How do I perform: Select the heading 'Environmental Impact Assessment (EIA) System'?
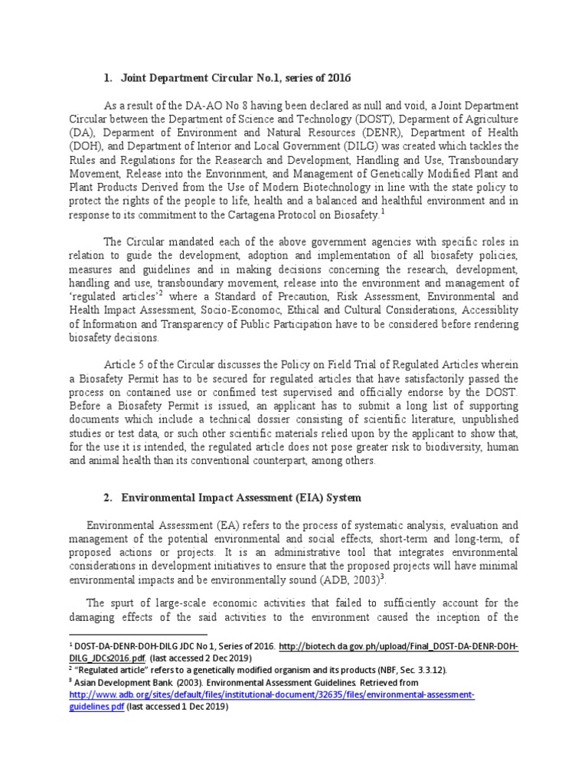[x=237, y=498]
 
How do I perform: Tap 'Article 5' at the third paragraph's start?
[x=127, y=365]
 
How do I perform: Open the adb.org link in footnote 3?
[x=272, y=695]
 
